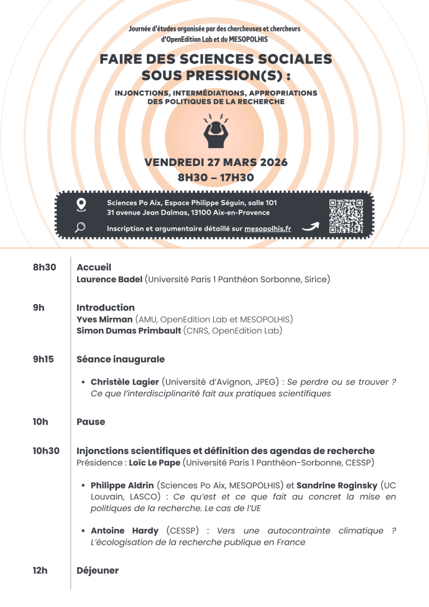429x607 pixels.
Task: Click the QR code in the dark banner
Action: [345, 216]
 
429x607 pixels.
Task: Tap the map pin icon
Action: [81, 205]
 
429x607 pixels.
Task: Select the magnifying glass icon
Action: [81, 227]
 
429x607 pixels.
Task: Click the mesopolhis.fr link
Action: [267, 228]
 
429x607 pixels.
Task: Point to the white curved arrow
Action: [310, 226]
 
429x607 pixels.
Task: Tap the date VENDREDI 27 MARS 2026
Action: [216, 162]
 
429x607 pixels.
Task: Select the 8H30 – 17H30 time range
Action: [216, 177]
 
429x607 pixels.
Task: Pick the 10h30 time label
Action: [46, 451]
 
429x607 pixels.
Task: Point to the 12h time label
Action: [40, 570]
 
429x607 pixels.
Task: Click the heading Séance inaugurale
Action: [120, 359]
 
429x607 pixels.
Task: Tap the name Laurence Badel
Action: [109, 279]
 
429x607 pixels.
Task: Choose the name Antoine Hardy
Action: [126, 531]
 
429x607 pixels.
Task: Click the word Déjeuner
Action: [98, 570]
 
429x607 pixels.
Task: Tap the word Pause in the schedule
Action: [91, 421]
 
